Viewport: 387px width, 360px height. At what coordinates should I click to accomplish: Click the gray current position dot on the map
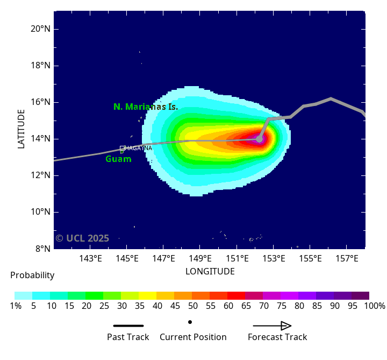259,139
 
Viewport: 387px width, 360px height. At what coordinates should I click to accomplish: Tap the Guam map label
118,159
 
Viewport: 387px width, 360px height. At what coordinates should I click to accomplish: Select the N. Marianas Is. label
145,107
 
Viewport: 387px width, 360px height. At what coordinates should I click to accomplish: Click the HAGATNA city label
139,148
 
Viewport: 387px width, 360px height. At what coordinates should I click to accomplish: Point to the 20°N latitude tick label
40,29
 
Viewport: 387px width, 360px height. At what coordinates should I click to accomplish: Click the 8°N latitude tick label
42,249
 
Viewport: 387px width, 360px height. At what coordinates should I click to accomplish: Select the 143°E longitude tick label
90,259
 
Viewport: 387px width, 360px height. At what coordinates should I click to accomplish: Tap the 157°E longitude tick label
347,259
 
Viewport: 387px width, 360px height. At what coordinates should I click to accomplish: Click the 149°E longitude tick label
200,259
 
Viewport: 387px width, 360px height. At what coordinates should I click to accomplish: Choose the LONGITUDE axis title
210,271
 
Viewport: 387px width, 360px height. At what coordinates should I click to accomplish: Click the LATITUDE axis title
21,129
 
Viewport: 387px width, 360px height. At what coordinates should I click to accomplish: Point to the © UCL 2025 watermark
82,238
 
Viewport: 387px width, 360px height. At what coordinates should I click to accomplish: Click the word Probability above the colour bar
32,276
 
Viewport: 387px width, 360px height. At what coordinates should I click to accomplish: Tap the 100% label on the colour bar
374,306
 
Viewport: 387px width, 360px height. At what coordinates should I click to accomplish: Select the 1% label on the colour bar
15,306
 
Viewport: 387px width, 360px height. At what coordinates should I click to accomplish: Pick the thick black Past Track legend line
128,326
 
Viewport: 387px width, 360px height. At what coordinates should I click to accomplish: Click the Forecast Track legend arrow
272,326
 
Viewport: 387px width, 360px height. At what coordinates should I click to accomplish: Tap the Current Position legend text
193,337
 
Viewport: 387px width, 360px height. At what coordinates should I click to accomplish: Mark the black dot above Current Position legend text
190,322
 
